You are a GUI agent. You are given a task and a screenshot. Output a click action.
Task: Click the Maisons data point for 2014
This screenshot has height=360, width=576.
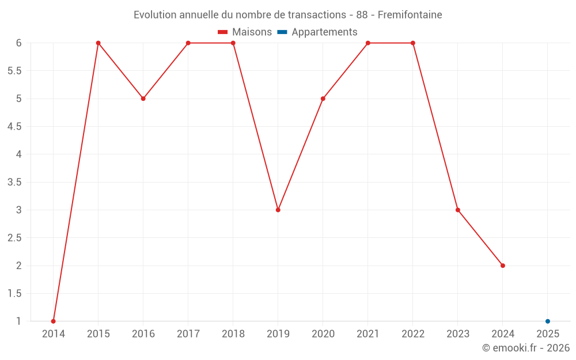click(x=54, y=321)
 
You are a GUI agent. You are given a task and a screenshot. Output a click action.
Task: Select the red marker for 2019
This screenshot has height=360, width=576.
click(x=278, y=210)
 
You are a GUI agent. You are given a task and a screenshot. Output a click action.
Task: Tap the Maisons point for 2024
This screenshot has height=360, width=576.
click(x=503, y=266)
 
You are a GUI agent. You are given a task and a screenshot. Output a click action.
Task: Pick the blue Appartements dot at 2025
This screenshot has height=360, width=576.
click(x=548, y=321)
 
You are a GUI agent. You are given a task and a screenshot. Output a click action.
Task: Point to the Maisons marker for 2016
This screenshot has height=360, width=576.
click(x=143, y=98)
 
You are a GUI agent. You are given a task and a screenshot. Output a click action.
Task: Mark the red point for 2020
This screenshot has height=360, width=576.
click(x=323, y=98)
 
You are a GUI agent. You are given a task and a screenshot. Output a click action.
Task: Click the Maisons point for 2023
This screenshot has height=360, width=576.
click(x=458, y=210)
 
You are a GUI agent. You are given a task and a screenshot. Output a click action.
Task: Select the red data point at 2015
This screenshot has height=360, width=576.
click(x=98, y=43)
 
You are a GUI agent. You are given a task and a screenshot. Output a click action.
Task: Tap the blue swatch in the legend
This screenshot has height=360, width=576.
click(x=282, y=32)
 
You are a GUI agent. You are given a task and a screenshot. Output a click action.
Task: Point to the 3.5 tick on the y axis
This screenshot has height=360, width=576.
click(x=14, y=182)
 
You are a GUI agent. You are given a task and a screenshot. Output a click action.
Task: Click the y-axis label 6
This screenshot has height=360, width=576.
click(x=19, y=43)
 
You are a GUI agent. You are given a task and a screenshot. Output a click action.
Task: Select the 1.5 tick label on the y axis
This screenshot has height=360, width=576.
click(x=14, y=293)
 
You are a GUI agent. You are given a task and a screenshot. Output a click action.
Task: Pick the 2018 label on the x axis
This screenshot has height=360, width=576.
click(x=233, y=334)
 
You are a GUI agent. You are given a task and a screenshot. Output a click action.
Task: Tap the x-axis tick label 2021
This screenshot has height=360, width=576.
click(x=368, y=334)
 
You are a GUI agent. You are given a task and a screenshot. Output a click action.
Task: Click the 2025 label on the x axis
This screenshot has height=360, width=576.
click(x=548, y=334)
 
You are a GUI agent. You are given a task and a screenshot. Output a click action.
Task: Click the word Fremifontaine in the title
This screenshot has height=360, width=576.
click(x=410, y=15)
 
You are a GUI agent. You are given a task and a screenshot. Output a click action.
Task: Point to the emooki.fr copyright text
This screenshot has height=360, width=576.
click(x=526, y=348)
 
